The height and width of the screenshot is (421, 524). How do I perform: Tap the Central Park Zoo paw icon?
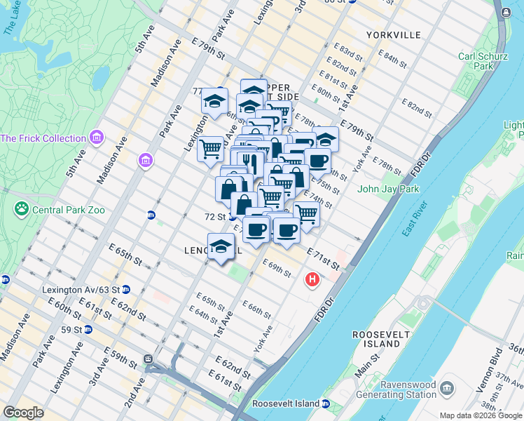(x=22, y=208)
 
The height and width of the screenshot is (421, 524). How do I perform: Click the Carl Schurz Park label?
(x=480, y=61)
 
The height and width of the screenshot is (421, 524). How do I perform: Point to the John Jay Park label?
(x=387, y=188)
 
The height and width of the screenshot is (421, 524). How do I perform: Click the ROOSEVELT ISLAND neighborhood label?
(x=381, y=340)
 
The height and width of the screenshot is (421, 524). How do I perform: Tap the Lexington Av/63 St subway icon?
(x=125, y=288)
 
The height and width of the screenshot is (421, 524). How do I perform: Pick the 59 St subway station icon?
(x=88, y=328)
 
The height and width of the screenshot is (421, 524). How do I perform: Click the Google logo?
(x=24, y=413)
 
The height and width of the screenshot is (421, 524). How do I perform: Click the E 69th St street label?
(x=276, y=268)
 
